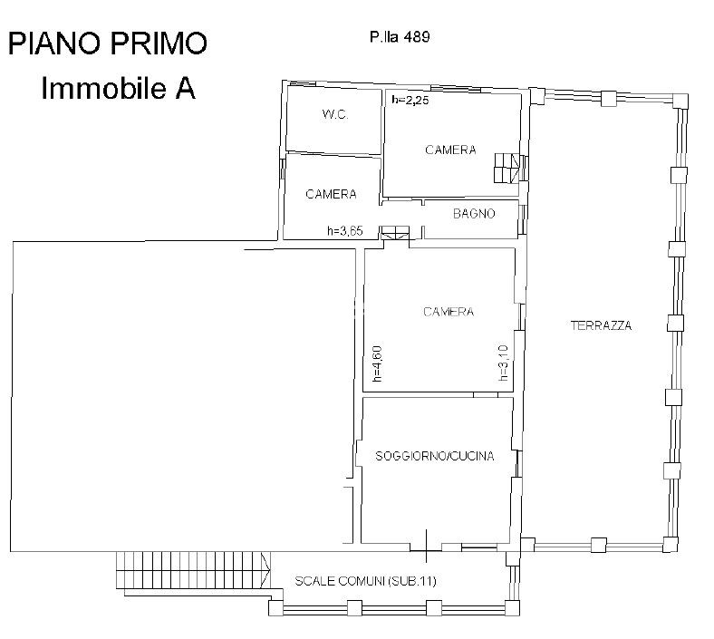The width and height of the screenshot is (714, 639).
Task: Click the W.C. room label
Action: (x=335, y=114)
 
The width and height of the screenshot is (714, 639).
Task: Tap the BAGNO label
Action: (x=474, y=213)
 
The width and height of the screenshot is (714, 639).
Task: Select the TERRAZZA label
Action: (x=601, y=325)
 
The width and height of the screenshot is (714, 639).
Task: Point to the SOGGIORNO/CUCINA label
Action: (x=434, y=456)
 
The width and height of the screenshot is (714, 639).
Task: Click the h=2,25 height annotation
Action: (x=410, y=100)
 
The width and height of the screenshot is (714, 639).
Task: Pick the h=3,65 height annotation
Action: (x=345, y=231)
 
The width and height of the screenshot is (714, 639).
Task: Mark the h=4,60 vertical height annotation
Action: (x=377, y=363)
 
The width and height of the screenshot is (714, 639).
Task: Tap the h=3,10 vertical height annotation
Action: (x=503, y=363)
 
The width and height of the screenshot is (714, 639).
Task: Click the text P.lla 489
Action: (x=400, y=37)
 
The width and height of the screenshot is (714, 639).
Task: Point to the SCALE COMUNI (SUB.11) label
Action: (x=366, y=581)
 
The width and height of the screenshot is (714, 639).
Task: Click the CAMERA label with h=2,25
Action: (x=451, y=150)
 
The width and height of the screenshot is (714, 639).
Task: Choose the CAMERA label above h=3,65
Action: (x=331, y=194)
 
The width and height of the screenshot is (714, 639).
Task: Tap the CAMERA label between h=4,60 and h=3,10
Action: (x=449, y=312)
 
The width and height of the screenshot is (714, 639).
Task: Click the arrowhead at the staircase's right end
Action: (x=265, y=570)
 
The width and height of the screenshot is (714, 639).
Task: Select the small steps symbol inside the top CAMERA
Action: (x=507, y=168)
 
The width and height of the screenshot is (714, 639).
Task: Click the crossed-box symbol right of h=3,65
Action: (x=395, y=232)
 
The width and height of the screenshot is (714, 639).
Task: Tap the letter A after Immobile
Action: (x=186, y=88)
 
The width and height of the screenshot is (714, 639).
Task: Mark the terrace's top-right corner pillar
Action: (x=680, y=101)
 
